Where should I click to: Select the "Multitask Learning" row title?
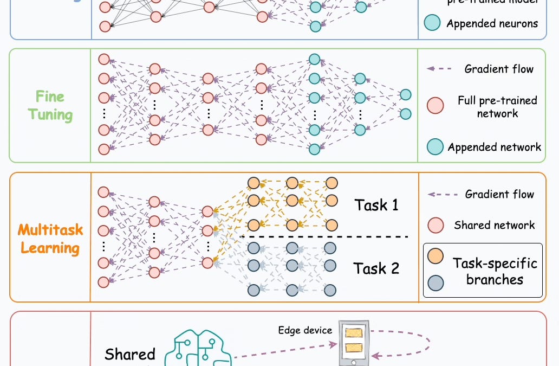pos(50,239)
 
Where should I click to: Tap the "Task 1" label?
pos(376,205)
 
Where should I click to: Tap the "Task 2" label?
pos(376,268)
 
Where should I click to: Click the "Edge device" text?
pos(305,330)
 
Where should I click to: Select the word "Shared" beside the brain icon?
pos(130,355)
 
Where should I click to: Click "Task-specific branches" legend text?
pos(495,271)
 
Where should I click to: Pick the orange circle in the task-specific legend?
pos(435,256)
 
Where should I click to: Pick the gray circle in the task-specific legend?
pos(435,282)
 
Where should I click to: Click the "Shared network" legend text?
pos(495,225)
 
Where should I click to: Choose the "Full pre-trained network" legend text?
pos(497,107)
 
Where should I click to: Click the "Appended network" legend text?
pos(495,147)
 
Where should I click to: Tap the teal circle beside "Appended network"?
pos(435,147)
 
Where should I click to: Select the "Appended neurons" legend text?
pos(492,23)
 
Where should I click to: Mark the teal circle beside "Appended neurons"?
pos(432,23)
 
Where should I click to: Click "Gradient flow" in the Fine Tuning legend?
pos(499,69)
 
